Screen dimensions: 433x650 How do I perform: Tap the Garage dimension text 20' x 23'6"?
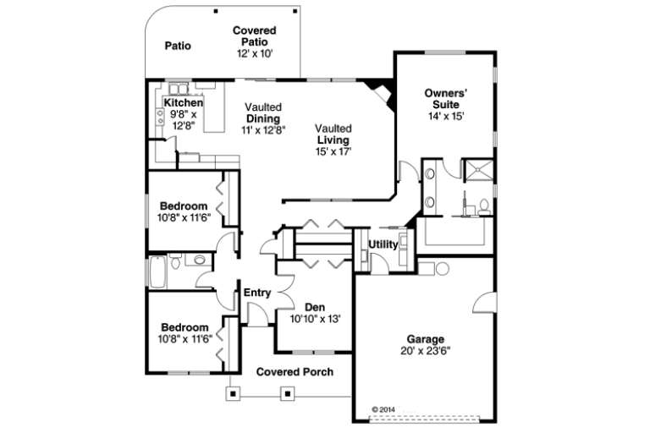pyautogui.click(x=426, y=349)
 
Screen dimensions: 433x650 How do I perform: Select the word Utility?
pyautogui.click(x=383, y=244)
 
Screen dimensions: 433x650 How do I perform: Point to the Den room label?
pyautogui.click(x=315, y=308)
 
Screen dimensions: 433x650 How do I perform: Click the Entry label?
pyautogui.click(x=256, y=293)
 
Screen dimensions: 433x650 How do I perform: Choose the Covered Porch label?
pyautogui.click(x=295, y=371)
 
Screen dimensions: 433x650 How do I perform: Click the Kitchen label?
pyautogui.click(x=183, y=103)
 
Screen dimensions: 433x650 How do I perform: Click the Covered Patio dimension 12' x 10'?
pyautogui.click(x=254, y=52)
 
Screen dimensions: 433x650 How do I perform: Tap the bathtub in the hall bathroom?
pyautogui.click(x=159, y=271)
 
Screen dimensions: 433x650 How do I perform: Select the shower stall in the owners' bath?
pyautogui.click(x=475, y=168)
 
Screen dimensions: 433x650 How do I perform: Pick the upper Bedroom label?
pyautogui.click(x=184, y=206)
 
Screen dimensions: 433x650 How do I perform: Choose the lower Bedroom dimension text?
pyautogui.click(x=184, y=339)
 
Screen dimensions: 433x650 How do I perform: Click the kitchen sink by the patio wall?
pyautogui.click(x=178, y=89)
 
